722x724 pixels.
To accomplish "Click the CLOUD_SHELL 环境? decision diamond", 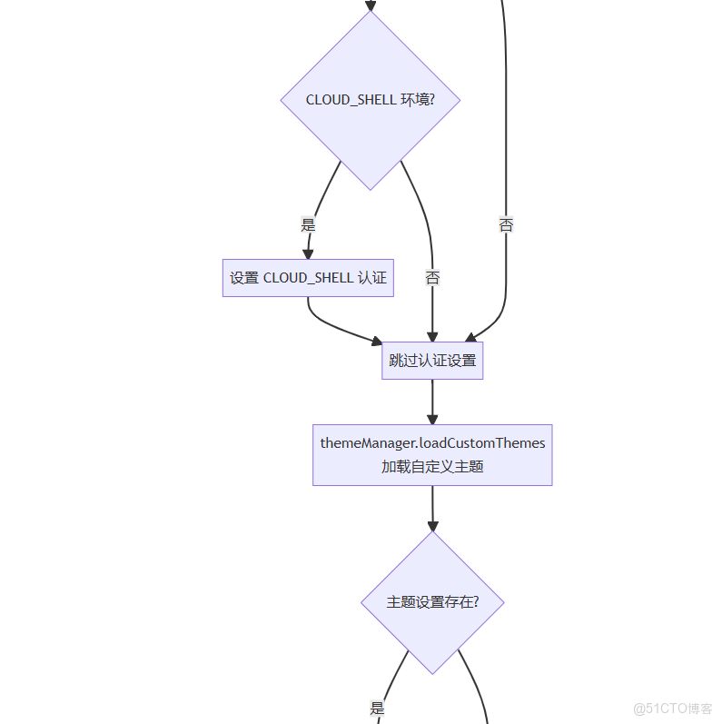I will point(370,100).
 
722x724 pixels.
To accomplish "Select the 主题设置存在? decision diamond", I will point(432,602).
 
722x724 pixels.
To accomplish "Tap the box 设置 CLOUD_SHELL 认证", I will point(308,278).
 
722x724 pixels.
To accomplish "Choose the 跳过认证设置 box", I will point(432,361).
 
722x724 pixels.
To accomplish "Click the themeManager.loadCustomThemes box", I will point(432,455).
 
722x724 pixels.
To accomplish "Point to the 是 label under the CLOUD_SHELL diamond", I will point(308,224).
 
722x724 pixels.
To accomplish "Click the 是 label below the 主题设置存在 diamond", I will point(377,709).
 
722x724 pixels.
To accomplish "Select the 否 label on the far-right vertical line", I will point(506,224).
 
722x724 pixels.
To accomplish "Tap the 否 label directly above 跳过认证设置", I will point(432,278).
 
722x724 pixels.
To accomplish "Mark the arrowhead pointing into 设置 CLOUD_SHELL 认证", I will point(308,253).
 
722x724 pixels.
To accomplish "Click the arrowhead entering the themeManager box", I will point(432,418).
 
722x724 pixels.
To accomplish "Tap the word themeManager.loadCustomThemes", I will point(432,443).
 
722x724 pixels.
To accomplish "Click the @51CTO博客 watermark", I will point(672,709).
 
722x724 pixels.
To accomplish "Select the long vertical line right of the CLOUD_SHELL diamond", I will point(506,136).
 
